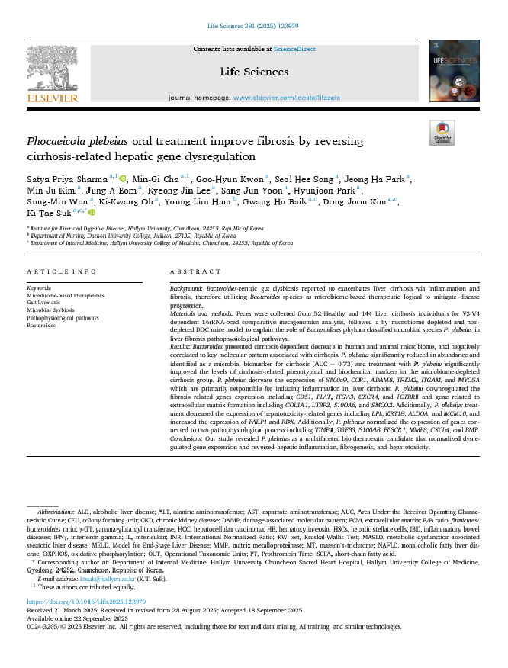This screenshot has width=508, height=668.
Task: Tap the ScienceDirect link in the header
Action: (x=294, y=49)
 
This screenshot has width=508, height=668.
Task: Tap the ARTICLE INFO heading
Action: (x=62, y=271)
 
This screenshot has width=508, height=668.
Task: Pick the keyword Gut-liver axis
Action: (x=44, y=303)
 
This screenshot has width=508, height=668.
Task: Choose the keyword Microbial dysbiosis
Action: (x=50, y=310)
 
